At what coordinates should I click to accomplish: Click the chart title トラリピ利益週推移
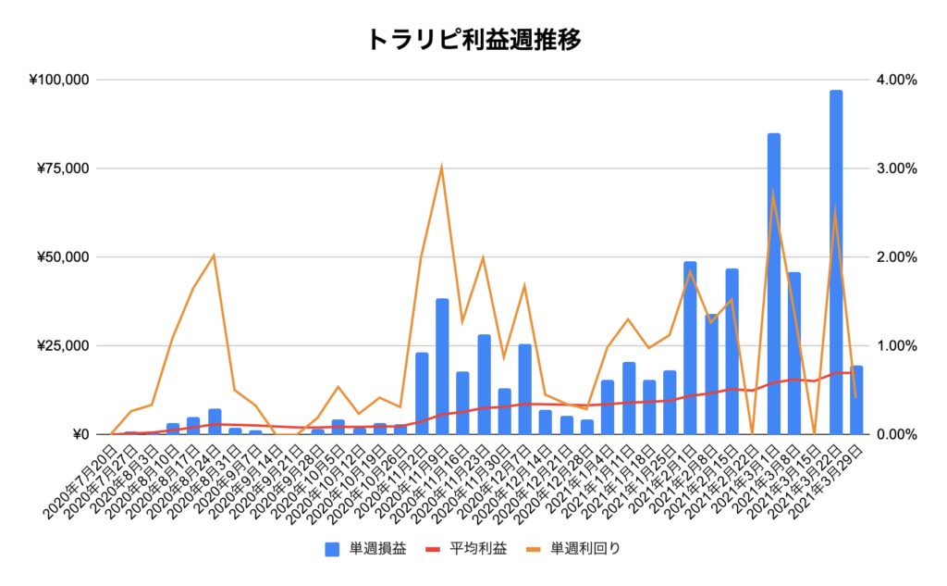473,40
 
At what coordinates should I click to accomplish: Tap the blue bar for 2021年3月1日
774,283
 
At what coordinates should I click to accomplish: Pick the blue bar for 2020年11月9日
442,366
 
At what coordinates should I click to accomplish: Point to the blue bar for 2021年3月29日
857,400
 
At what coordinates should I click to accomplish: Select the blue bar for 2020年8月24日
215,421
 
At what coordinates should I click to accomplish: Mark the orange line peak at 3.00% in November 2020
442,167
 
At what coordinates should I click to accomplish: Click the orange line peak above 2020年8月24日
215,255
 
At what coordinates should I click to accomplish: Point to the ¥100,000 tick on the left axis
59,80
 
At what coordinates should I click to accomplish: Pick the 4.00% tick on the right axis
894,80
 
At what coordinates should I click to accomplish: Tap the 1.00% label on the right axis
894,346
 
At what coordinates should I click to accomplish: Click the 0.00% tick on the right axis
894,434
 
